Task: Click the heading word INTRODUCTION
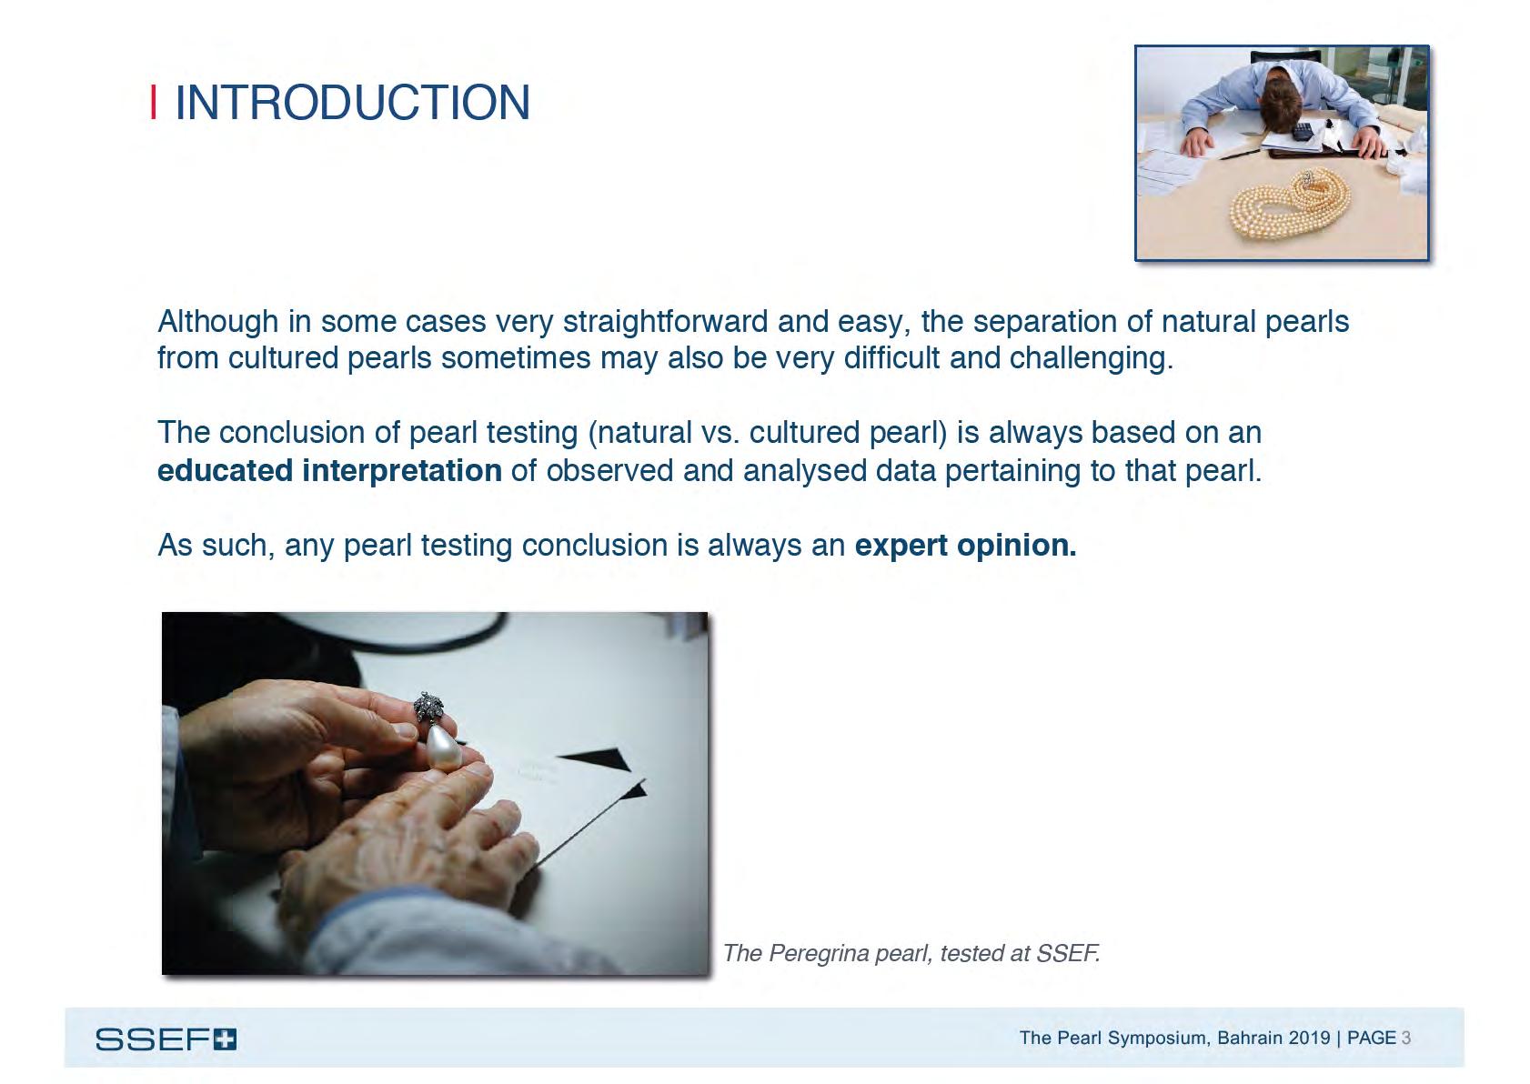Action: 351,102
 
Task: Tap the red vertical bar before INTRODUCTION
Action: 153,102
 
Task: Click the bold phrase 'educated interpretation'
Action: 329,471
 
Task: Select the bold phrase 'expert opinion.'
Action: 965,546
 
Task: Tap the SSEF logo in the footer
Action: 166,1039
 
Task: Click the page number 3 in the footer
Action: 1406,1038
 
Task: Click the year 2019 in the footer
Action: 1309,1038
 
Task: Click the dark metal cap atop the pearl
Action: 428,707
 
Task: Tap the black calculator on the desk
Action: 1304,131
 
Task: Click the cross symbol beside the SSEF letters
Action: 225,1039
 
